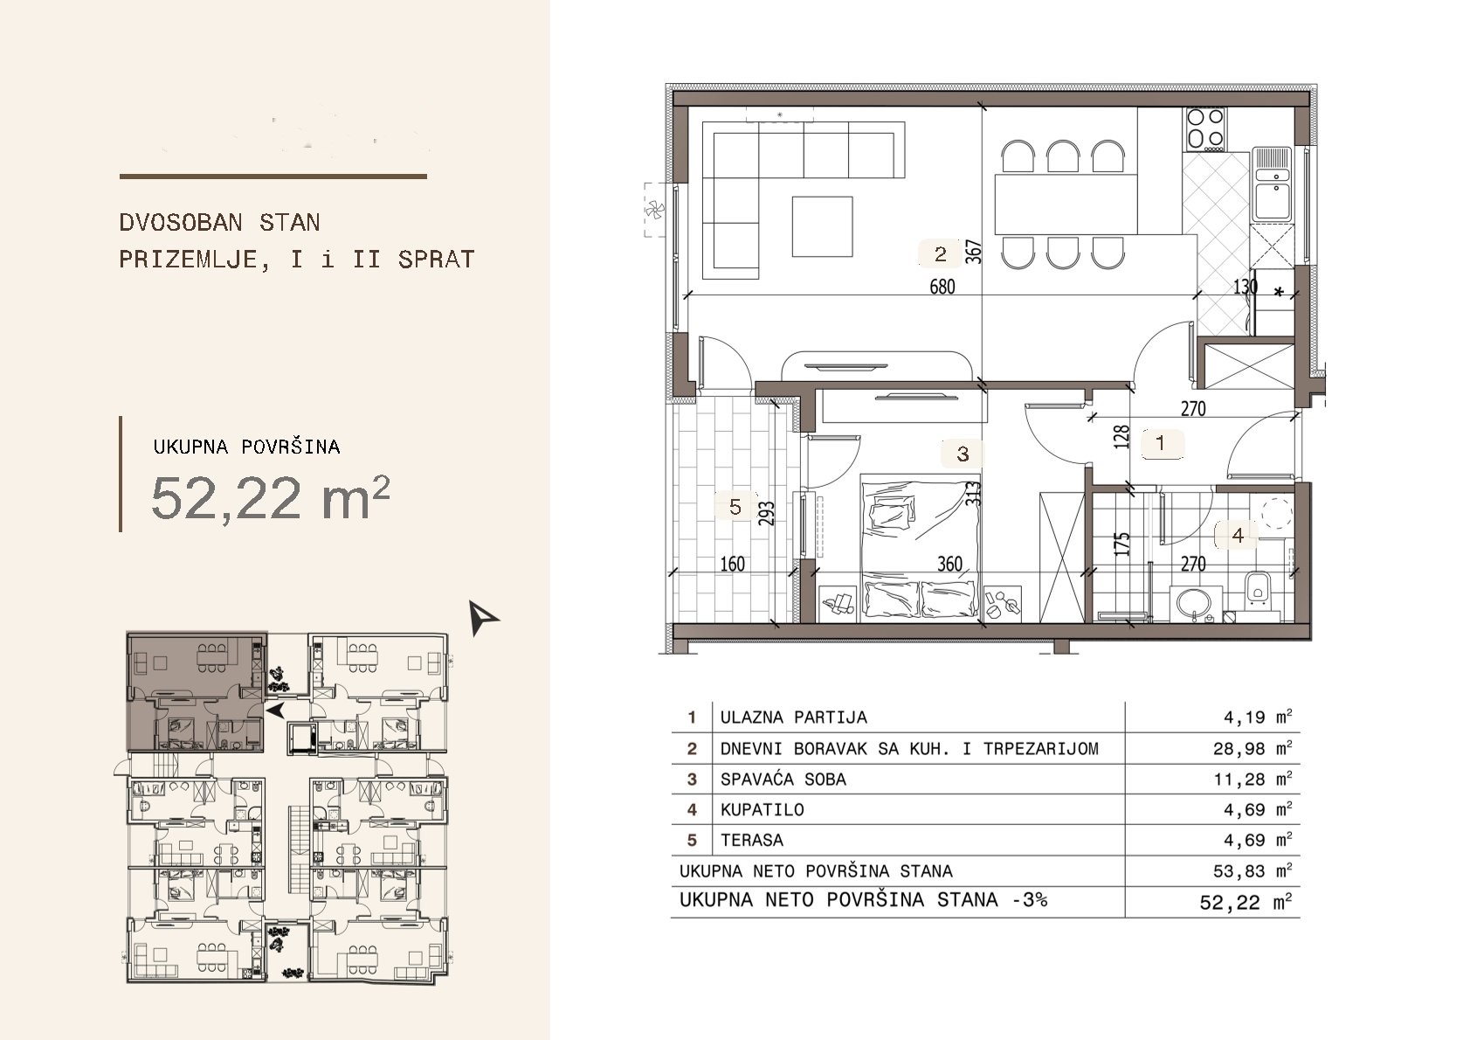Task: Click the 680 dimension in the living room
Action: [942, 287]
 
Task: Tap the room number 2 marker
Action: [941, 254]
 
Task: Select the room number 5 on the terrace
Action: [735, 507]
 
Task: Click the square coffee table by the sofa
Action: [822, 226]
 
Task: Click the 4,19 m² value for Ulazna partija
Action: [1258, 717]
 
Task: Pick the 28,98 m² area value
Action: [1253, 748]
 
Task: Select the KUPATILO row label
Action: [762, 809]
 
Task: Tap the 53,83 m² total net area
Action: [1253, 871]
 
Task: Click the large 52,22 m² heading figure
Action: [271, 497]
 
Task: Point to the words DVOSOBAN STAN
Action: [220, 223]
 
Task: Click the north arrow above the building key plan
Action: [482, 617]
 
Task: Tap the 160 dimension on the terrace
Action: [732, 564]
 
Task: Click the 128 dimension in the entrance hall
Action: [1122, 437]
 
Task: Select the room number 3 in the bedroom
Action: [963, 454]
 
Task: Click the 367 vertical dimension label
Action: [975, 252]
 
